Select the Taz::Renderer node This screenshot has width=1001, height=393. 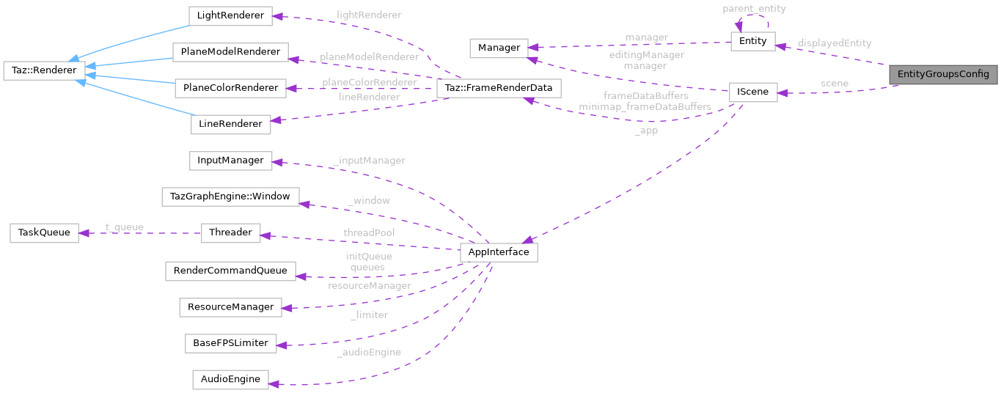click(x=45, y=70)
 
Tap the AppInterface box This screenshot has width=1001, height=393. click(x=498, y=252)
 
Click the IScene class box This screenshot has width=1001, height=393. click(x=752, y=92)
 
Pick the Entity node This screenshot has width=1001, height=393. click(x=752, y=41)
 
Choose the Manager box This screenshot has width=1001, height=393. click(x=499, y=48)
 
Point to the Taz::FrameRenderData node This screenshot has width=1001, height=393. click(x=499, y=89)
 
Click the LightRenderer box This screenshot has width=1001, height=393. click(x=230, y=15)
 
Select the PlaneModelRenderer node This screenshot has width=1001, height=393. click(x=230, y=51)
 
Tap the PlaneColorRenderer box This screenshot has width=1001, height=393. click(x=230, y=88)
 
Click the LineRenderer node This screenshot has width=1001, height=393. click(x=230, y=124)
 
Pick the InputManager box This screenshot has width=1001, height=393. click(x=230, y=160)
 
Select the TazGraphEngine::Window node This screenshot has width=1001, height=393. click(x=230, y=196)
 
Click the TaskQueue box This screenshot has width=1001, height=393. click(x=44, y=232)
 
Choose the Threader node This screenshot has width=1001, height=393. click(x=230, y=232)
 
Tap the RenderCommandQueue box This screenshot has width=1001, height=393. click(x=230, y=271)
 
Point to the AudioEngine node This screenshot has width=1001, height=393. click(x=230, y=379)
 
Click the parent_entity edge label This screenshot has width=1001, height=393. click(x=754, y=9)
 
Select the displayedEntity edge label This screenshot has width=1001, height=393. click(x=835, y=43)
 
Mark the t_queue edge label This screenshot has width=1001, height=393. click(x=125, y=227)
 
